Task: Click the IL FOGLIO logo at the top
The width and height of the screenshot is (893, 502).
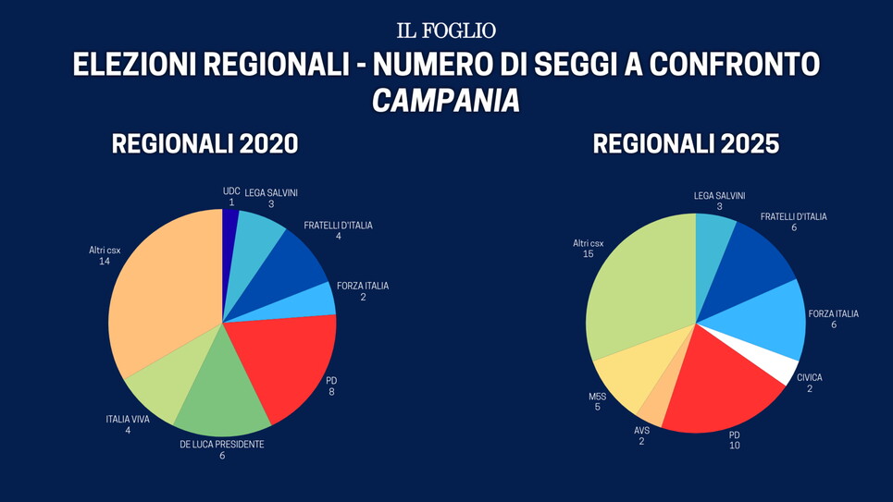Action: pos(446,31)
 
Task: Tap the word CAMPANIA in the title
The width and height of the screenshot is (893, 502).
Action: pos(446,101)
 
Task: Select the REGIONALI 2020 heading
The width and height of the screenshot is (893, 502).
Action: pos(205,144)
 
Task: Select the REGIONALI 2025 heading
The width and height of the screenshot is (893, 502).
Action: pos(686,144)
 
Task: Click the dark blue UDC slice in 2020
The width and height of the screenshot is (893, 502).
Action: pos(229,231)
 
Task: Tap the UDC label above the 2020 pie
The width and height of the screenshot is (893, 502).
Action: pos(231,191)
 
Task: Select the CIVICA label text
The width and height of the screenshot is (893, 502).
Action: pos(809,377)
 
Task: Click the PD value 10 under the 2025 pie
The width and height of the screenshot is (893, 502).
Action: pos(735,446)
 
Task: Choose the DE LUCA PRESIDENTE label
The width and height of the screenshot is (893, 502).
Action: pos(222,445)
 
